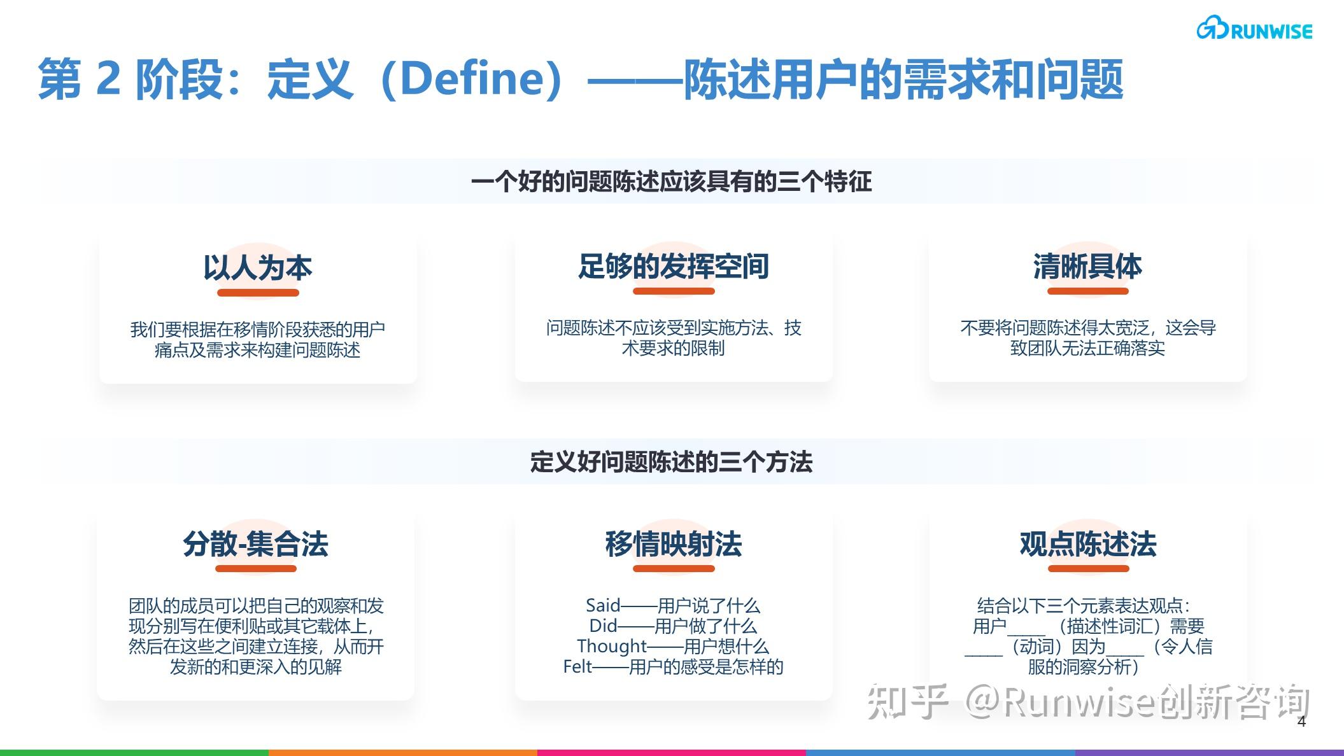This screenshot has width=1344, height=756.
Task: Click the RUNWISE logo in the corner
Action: coord(1254,29)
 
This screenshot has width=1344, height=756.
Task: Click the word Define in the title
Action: coord(471,79)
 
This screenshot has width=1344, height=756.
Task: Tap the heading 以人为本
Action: coord(258,268)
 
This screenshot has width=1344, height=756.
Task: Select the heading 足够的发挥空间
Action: coord(673,266)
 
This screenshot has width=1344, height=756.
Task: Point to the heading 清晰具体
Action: coord(1087,266)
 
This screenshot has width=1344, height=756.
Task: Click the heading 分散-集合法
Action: coord(255,544)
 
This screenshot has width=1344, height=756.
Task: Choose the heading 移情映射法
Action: coord(673,544)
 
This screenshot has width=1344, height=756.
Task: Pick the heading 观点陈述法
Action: coord(1087,544)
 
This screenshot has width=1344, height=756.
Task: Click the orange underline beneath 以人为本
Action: coord(258,293)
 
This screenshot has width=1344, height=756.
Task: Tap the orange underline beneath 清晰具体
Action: coord(1087,291)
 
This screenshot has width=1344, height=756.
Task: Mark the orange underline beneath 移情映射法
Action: coord(673,568)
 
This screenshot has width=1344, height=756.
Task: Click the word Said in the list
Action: coord(602,605)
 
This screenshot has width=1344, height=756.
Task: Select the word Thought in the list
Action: coord(611,646)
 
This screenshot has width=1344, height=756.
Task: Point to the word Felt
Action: coord(577,666)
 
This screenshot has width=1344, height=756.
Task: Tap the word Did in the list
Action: coord(602,626)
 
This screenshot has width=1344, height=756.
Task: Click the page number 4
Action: coord(1301,721)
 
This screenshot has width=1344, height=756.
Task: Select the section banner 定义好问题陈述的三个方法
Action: coord(671,462)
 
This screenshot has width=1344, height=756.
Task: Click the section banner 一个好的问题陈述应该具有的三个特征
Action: coord(671,182)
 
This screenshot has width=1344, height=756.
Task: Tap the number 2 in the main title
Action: coord(108,79)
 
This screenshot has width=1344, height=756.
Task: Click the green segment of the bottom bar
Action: coord(134,752)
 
